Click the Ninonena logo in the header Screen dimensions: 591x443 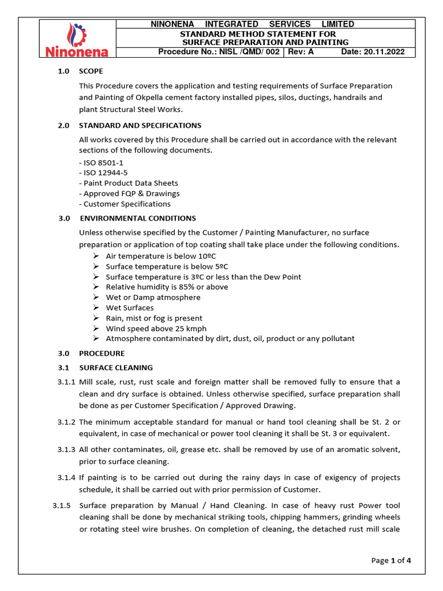[77, 40]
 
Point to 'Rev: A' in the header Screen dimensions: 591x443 [301, 52]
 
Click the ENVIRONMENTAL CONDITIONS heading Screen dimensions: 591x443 [138, 218]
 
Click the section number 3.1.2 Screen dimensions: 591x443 [66, 423]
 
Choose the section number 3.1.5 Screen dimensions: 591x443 [61, 506]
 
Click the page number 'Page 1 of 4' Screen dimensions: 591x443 [391, 560]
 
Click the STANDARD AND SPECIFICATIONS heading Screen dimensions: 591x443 [140, 125]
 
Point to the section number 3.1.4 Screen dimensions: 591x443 [66, 478]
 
